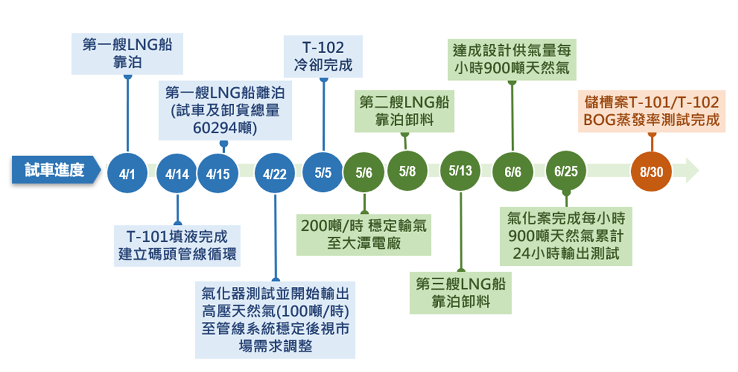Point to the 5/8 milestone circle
tap(407, 171)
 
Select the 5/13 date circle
tap(461, 171)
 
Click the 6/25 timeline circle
tap(566, 171)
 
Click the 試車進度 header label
tap(54, 170)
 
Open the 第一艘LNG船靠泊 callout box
tap(127, 54)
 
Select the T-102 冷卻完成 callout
tap(323, 56)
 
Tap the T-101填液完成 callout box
tap(177, 244)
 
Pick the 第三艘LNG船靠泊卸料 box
tap(461, 293)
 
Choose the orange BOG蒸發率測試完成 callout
tap(651, 111)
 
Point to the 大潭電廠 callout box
tap(363, 234)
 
